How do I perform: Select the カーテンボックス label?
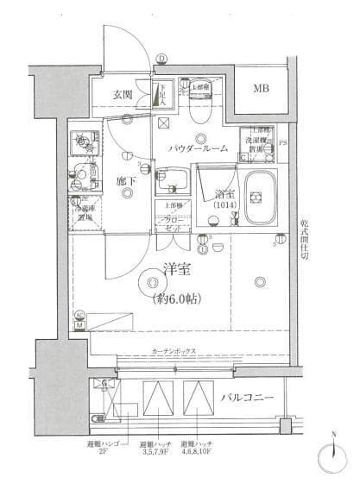[174, 352]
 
